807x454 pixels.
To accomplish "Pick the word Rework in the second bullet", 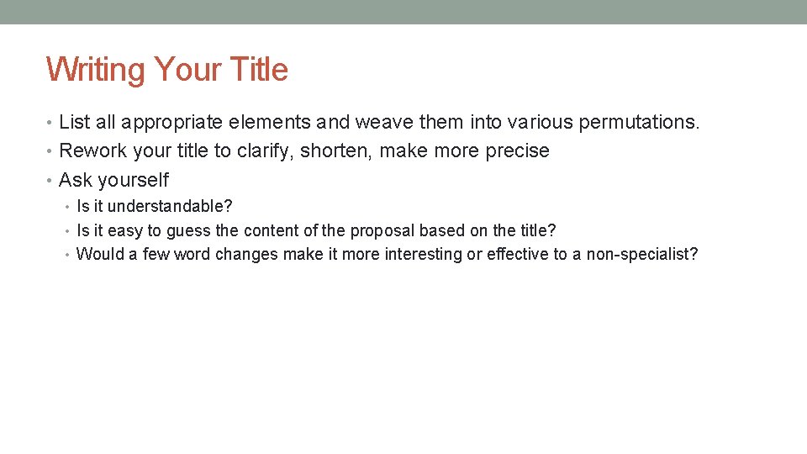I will click(91, 151).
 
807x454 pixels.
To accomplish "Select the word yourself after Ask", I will click(133, 180).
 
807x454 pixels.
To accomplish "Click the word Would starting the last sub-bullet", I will click(100, 254).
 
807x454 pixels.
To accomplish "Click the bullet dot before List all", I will click(50, 123).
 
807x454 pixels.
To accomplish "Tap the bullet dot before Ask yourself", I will click(50, 180).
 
